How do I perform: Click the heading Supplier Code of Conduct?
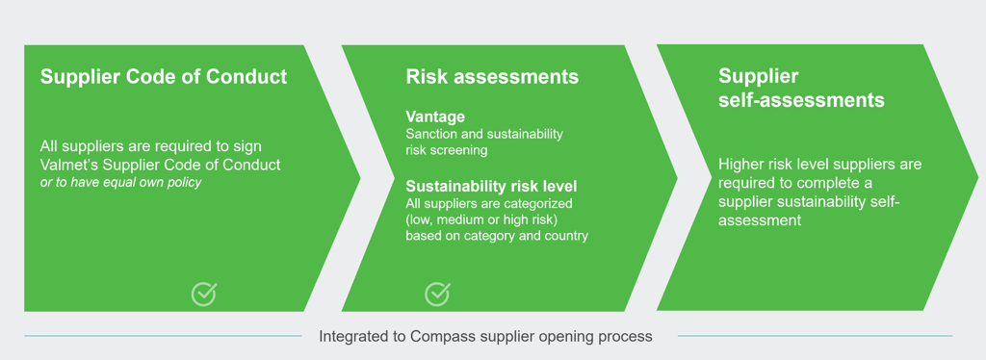164,77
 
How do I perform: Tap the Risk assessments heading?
492,77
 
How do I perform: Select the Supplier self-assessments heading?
802,88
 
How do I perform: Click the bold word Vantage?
435,116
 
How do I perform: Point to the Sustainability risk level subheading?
491,187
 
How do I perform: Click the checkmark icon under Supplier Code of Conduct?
204,294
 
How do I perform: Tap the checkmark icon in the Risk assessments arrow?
437,294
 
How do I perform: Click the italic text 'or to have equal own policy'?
120,183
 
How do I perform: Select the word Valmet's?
67,166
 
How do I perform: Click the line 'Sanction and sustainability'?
484,135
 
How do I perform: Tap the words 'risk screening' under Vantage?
446,151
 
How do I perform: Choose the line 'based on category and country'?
497,237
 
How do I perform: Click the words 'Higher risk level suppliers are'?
820,165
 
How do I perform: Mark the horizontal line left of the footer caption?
163,336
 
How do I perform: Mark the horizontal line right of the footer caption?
815,336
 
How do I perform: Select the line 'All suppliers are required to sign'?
151,146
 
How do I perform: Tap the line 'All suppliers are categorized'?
489,203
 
